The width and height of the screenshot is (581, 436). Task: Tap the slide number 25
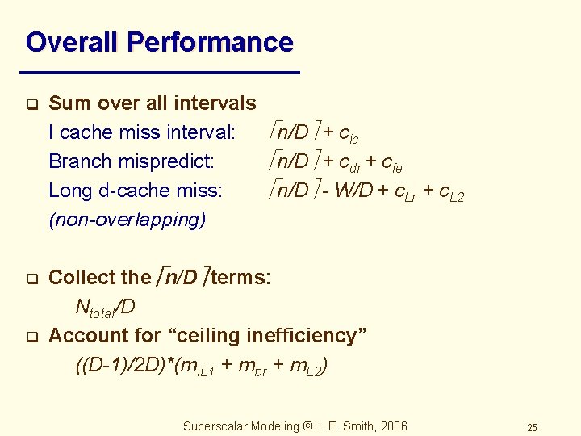(532, 427)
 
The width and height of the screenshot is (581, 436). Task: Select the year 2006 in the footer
(393, 426)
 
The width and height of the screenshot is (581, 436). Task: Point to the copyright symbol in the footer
(306, 426)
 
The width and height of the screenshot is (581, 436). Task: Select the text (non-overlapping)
(127, 220)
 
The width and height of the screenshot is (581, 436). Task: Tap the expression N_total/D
(105, 308)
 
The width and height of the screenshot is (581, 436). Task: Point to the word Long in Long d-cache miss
(68, 191)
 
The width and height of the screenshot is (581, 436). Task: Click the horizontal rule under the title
(162, 73)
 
